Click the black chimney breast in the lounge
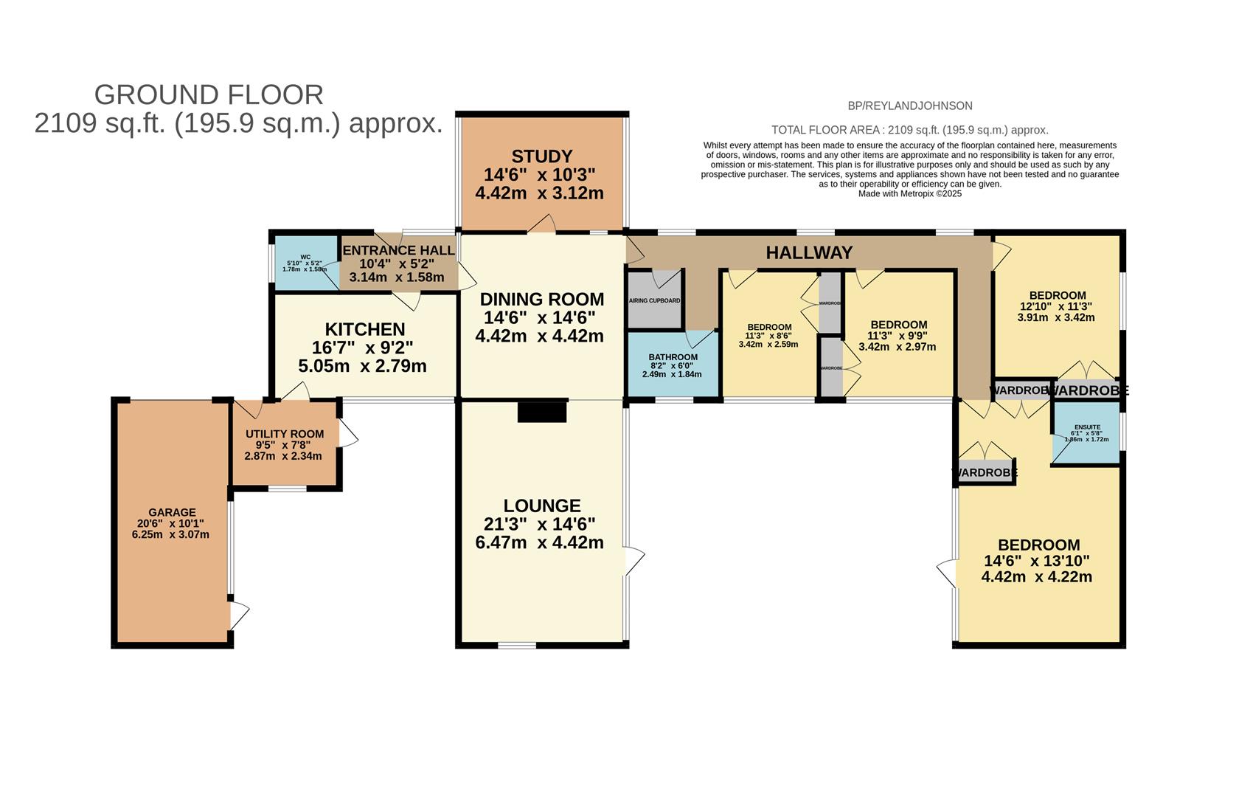click(542, 411)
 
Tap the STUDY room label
click(542, 156)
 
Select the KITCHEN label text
click(365, 329)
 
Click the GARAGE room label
click(172, 512)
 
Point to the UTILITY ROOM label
click(285, 434)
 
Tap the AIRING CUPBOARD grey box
click(654, 301)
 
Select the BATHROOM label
click(673, 356)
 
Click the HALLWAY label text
click(809, 253)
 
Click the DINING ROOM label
click(542, 300)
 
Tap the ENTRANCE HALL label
click(398, 250)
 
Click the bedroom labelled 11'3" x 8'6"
click(769, 335)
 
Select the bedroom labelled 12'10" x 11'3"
click(1057, 306)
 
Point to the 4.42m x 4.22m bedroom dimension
click(1036, 577)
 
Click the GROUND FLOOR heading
click(209, 94)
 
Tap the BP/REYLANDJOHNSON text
click(909, 106)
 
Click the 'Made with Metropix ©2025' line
click(909, 193)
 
